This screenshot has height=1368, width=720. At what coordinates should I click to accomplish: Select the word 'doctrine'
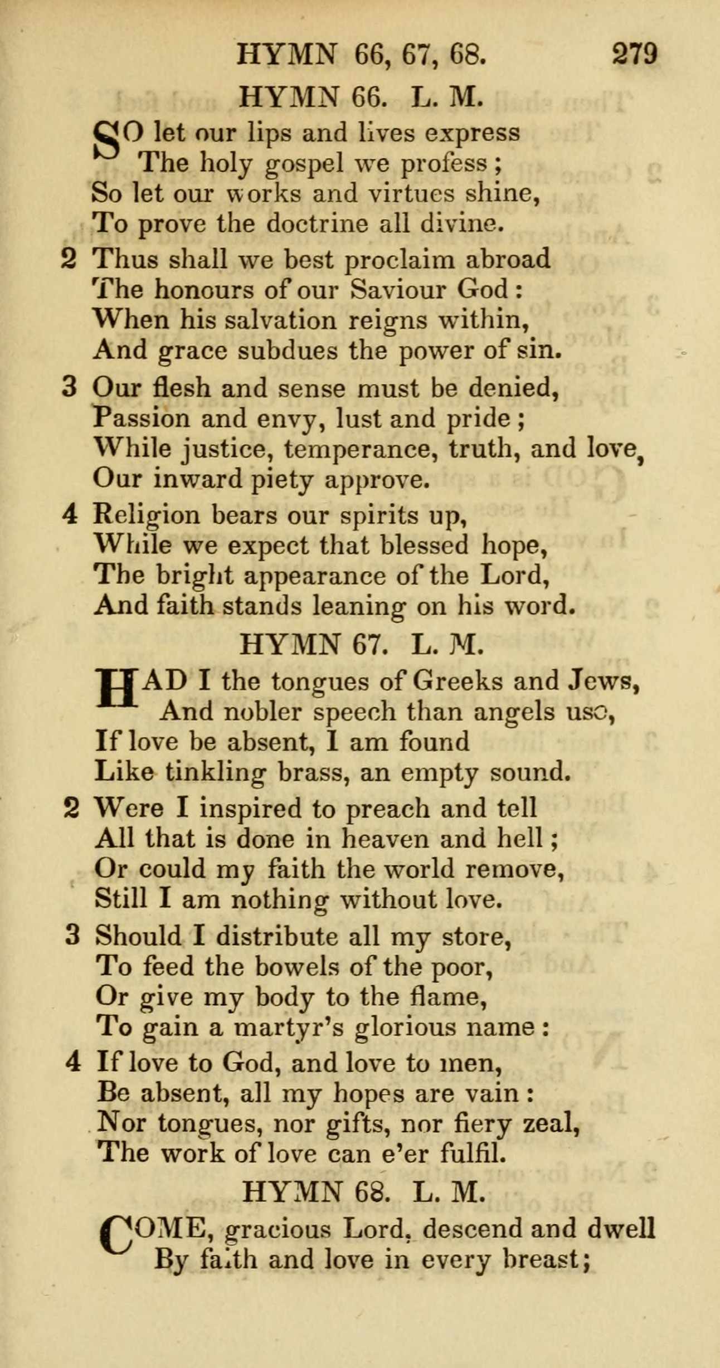[x=317, y=224]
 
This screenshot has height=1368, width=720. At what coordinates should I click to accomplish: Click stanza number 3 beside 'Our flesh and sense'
[x=69, y=387]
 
